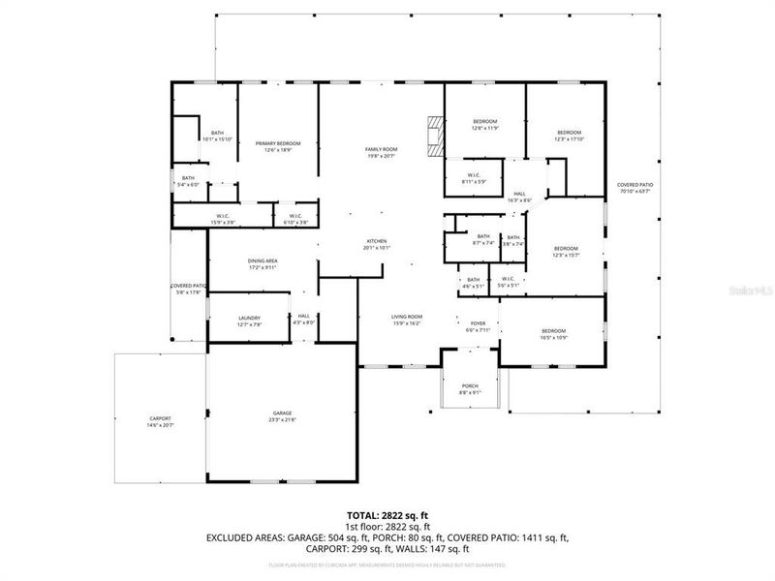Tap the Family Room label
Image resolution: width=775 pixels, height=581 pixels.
pos(382,152)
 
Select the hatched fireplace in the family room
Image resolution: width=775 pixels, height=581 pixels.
pos(435,136)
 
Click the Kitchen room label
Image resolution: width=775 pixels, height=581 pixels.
pos(377,243)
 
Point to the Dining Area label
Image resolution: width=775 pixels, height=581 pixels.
pos(263,263)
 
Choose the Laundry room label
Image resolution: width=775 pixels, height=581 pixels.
pos(249,321)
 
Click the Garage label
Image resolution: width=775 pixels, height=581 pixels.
pos(282,417)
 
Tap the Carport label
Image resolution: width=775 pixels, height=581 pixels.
pos(160,421)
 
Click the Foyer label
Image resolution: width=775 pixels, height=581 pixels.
pos(478,326)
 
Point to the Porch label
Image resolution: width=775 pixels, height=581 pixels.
pos(469,388)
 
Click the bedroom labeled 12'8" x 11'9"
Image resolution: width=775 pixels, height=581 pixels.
pos(484,124)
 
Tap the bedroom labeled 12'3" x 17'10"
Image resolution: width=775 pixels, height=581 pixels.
pos(569,136)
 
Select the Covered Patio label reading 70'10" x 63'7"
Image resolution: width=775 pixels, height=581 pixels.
pos(635,188)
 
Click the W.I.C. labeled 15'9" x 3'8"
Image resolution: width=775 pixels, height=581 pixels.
pos(222,219)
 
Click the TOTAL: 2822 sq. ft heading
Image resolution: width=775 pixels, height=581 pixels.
pos(387,515)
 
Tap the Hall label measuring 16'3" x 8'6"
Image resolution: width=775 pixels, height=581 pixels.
pos(520,197)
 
